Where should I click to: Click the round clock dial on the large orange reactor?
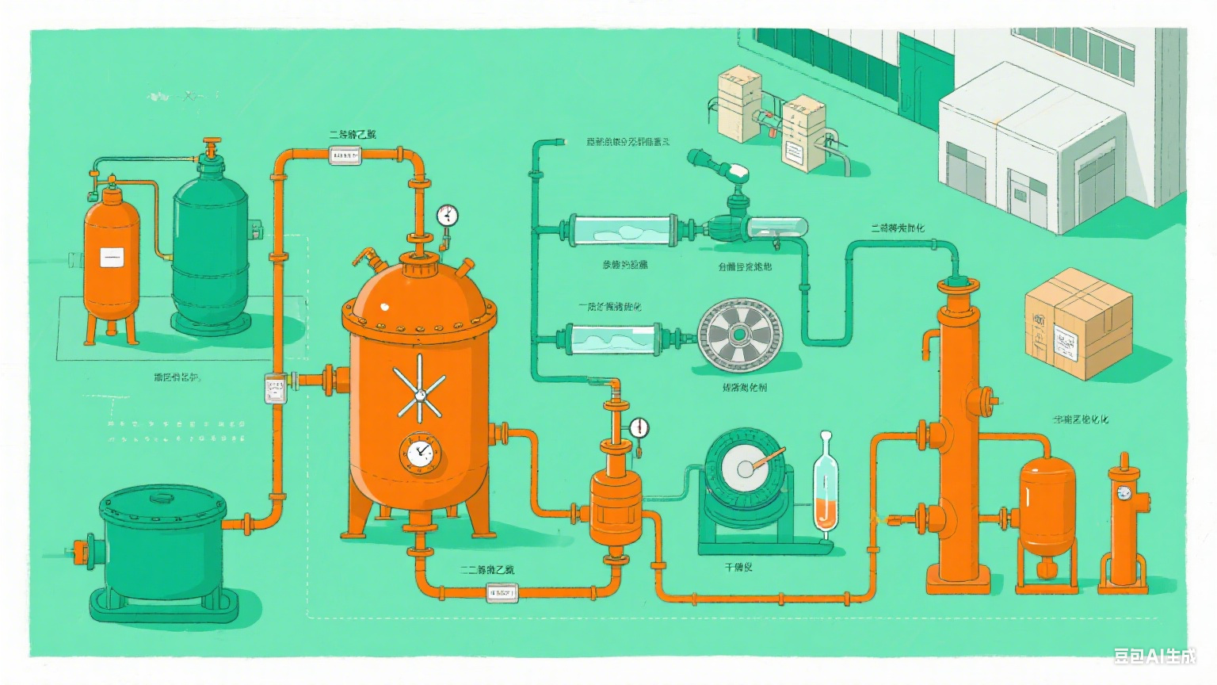[420, 453]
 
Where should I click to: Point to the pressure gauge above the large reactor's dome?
[448, 215]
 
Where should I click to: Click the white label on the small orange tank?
[112, 257]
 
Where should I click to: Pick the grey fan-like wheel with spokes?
[739, 334]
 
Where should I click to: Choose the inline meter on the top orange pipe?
[345, 156]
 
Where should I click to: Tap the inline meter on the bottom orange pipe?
[502, 591]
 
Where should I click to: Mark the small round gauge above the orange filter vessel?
[639, 428]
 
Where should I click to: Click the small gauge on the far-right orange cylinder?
[1124, 493]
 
